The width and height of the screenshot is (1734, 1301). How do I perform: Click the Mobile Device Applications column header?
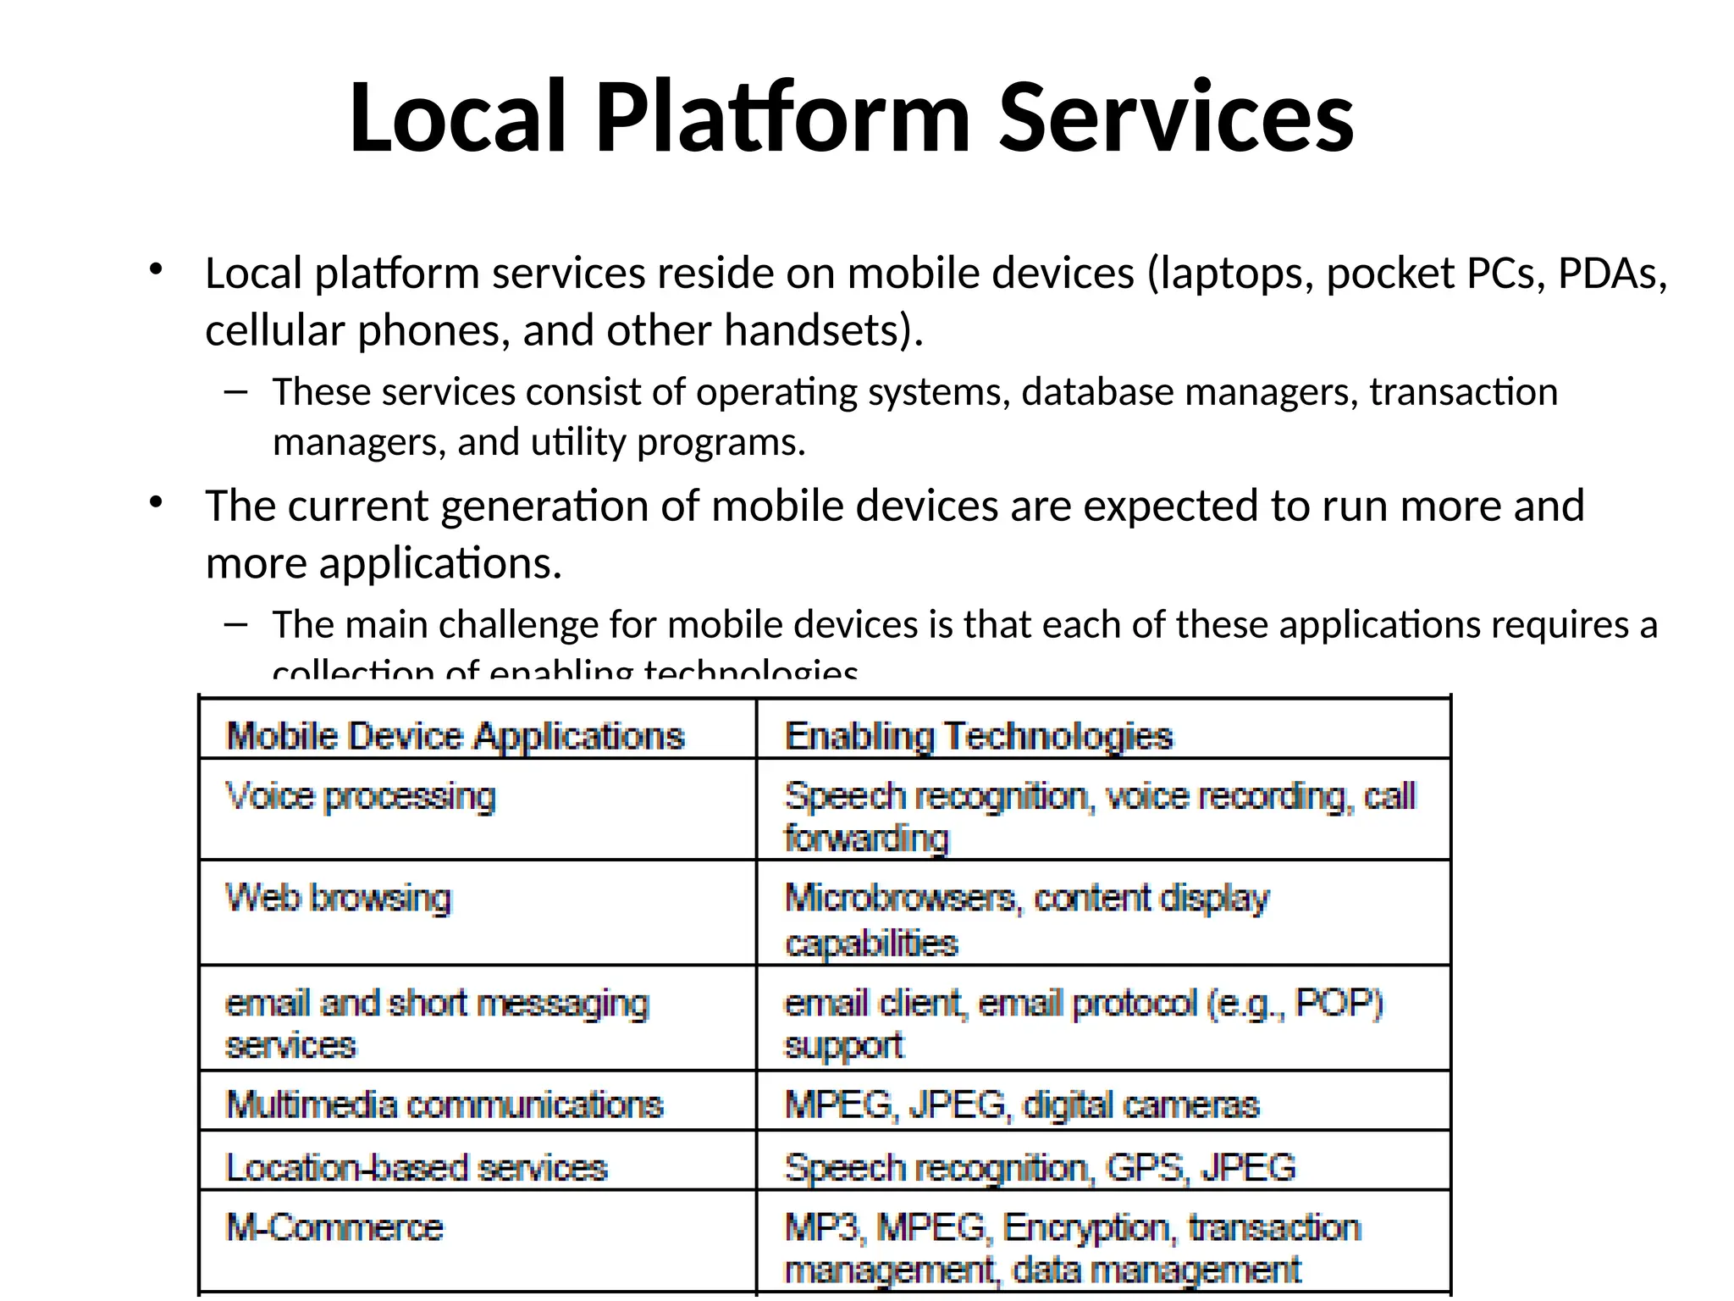click(455, 735)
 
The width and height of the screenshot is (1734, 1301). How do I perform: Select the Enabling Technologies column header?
click(979, 735)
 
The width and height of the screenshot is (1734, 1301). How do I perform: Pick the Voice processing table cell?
click(360, 797)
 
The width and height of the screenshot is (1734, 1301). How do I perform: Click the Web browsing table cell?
click(339, 898)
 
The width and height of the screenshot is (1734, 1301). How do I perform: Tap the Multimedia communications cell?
click(445, 1104)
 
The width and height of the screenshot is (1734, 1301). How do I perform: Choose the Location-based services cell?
click(417, 1167)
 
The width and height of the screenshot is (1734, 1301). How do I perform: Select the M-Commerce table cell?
click(334, 1227)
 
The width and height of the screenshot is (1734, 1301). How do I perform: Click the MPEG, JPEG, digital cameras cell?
click(1022, 1104)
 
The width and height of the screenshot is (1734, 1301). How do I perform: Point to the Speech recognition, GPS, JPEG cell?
click(1040, 1167)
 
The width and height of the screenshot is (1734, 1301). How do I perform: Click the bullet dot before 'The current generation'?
click(155, 503)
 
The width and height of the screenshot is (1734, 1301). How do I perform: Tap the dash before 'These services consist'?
click(236, 391)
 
